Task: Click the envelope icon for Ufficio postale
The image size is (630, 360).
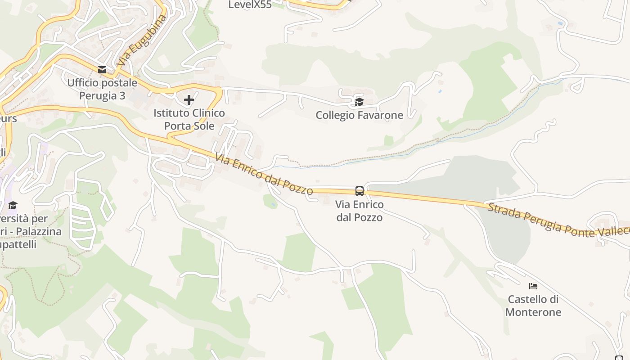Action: (102, 69)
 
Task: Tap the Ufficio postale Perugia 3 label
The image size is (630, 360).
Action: (102, 89)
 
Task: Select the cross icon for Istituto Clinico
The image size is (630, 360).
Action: (189, 99)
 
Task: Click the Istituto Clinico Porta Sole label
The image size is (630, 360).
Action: (189, 119)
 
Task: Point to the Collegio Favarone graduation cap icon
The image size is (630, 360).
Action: (359, 102)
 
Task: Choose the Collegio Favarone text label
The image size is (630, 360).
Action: (359, 115)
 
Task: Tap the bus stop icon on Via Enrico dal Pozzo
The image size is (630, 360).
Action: (360, 191)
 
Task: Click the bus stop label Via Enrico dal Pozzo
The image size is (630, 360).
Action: (360, 211)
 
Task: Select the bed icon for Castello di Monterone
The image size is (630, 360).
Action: (533, 286)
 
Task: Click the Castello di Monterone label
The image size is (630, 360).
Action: (533, 306)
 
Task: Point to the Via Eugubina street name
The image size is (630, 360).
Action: (141, 41)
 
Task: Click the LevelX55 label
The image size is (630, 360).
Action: (250, 5)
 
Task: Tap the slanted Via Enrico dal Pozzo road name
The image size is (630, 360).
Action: (264, 174)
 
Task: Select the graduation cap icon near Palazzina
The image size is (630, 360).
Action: (13, 206)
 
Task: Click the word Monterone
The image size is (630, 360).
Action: (533, 312)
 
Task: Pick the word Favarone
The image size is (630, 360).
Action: (381, 115)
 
